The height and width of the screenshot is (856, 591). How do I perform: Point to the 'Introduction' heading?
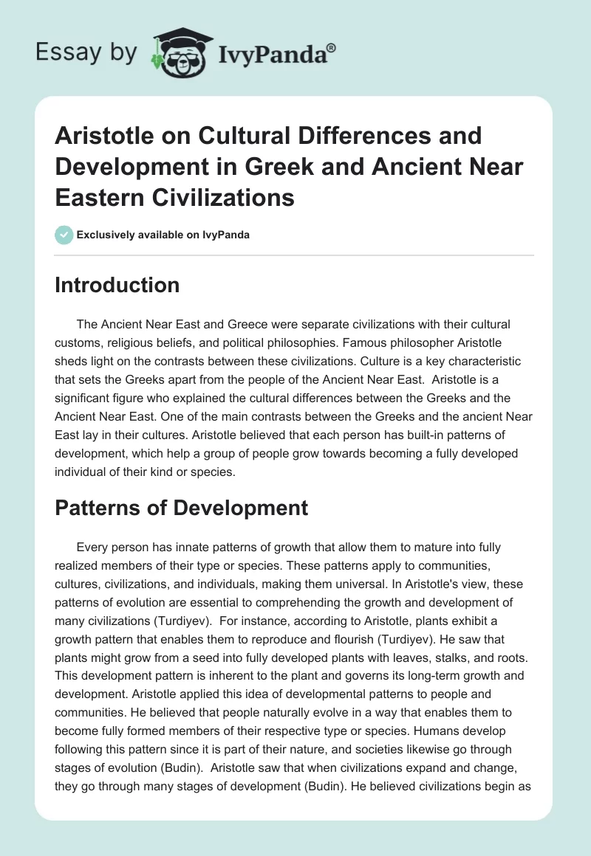pos(117,285)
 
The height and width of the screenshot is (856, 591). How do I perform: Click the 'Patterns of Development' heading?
pos(181,508)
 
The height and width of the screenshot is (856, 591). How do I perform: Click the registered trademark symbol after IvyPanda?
pos(332,47)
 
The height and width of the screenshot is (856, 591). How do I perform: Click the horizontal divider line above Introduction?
pos(295,255)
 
